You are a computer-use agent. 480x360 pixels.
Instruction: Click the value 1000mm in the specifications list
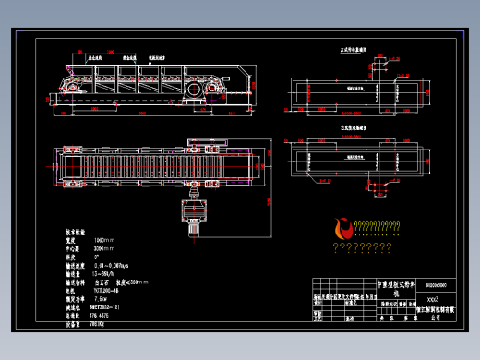tap(81, 240)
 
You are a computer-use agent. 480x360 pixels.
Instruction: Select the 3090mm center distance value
tap(82, 248)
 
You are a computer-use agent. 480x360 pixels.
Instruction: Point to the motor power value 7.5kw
tap(78, 299)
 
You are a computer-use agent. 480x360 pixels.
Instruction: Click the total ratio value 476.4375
tap(82, 316)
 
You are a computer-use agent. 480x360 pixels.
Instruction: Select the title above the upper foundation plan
tap(354, 53)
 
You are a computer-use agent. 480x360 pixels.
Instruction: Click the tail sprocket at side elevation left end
tap(67, 86)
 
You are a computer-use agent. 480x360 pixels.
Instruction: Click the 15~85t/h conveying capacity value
tap(82, 273)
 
